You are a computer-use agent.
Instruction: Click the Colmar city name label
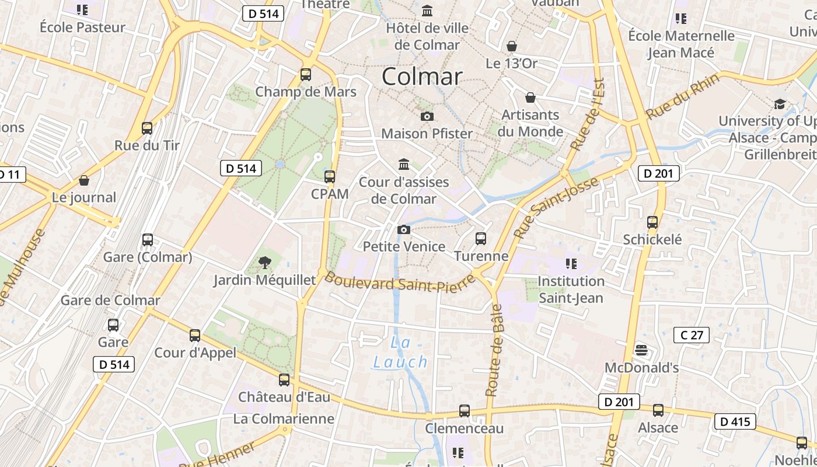422,76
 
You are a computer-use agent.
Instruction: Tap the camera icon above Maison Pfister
427,117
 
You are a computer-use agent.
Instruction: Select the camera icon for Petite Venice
403,230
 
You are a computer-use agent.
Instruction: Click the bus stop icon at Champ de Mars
306,75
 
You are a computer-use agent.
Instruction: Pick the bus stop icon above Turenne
481,238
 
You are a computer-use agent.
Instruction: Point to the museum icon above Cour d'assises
404,164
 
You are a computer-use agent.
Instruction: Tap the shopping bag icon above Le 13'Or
512,46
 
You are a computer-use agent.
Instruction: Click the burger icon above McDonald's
641,350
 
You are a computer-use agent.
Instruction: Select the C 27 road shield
692,334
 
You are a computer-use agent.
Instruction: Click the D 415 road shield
735,421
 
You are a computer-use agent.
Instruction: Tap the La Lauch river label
401,352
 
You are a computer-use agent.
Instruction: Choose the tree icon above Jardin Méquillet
264,262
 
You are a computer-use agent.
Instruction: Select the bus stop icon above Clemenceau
465,411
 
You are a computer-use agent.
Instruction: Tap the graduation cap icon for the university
780,104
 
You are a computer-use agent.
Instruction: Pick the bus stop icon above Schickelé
652,222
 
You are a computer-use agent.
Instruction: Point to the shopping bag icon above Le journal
84,180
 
